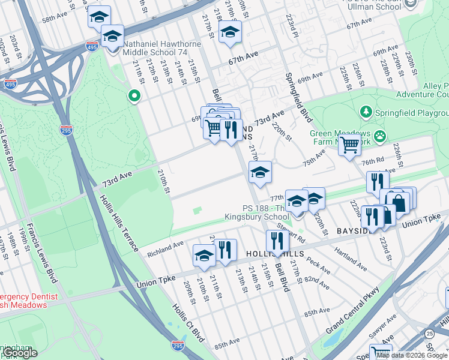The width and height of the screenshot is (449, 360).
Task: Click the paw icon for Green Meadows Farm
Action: click(379, 136)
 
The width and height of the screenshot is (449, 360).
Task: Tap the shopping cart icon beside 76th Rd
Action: click(349, 145)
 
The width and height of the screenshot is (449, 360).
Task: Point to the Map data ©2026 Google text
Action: click(412, 355)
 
